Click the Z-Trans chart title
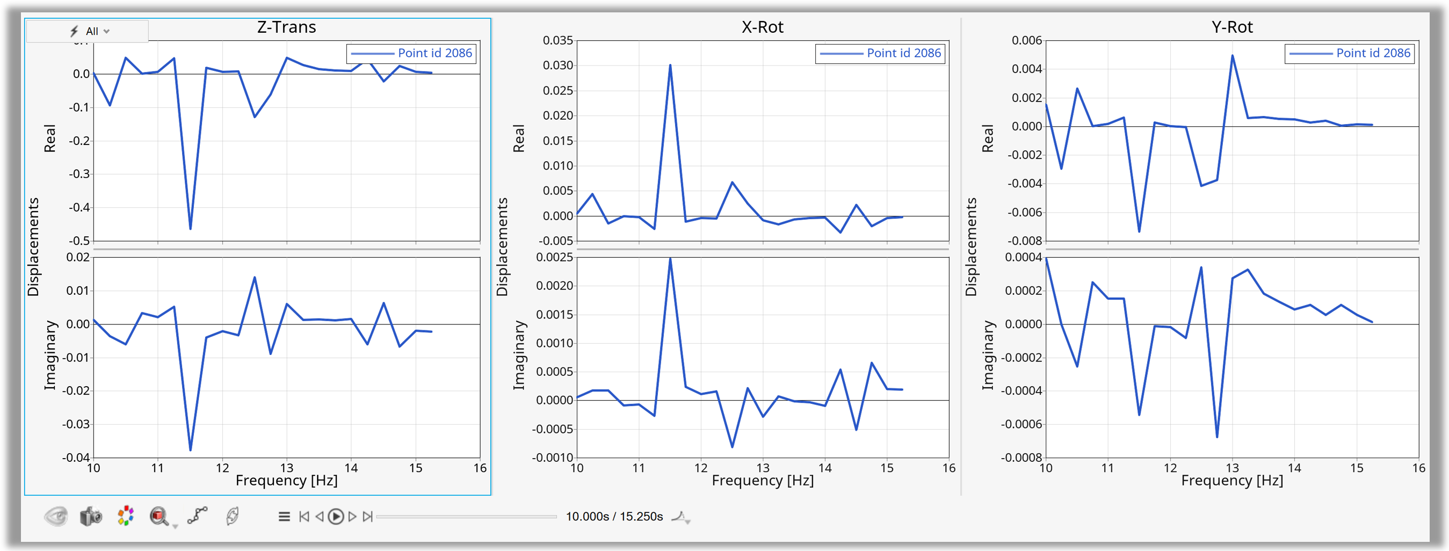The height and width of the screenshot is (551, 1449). (x=286, y=27)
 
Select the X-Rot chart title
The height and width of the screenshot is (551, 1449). (x=762, y=27)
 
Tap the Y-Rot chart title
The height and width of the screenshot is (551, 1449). (x=1232, y=27)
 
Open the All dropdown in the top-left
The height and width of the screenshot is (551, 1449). (x=90, y=32)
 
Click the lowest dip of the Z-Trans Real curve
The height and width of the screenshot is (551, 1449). (x=191, y=228)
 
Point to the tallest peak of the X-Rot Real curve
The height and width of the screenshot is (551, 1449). (x=670, y=65)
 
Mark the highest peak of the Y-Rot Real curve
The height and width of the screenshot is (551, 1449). (x=1233, y=56)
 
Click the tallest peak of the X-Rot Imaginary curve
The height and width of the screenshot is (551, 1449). (x=670, y=259)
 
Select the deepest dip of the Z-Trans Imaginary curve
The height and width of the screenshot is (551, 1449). (x=191, y=450)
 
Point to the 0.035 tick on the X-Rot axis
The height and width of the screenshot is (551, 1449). (x=557, y=40)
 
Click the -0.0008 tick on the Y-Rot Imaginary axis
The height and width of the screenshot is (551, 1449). (x=1021, y=458)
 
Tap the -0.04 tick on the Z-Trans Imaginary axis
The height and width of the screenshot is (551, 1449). (x=75, y=458)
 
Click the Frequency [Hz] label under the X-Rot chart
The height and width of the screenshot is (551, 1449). (x=762, y=481)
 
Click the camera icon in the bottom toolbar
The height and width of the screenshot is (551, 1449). (x=91, y=516)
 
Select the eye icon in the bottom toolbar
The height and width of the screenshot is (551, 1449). (x=56, y=516)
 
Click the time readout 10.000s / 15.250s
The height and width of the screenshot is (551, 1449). (x=614, y=517)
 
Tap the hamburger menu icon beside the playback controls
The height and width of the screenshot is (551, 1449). (x=284, y=517)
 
